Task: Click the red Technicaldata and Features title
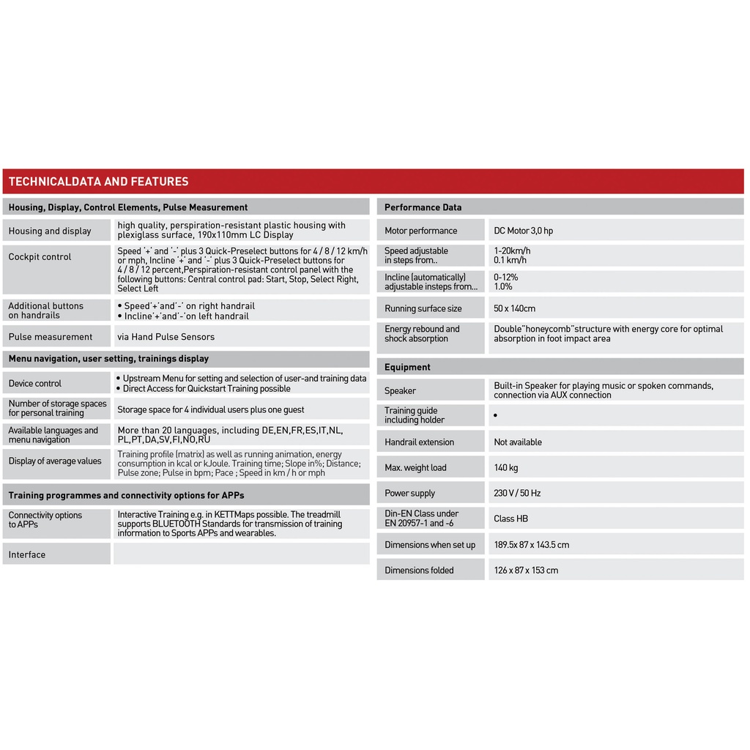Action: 99,182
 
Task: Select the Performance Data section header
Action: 423,207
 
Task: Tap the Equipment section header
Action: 407,367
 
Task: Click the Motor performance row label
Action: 420,231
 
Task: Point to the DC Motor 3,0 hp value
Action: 523,231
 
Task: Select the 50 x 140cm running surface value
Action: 514,308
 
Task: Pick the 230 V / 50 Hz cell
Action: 517,493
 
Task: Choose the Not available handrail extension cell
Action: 518,442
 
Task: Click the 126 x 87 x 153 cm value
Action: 525,570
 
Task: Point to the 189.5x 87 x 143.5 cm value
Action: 531,544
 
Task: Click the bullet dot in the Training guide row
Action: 495,415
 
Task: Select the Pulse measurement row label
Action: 51,337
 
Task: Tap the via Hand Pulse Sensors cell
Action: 166,337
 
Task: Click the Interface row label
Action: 27,554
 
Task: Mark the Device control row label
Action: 35,383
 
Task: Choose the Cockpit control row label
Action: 40,257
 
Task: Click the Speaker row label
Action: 400,390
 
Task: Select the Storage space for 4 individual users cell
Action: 210,409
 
